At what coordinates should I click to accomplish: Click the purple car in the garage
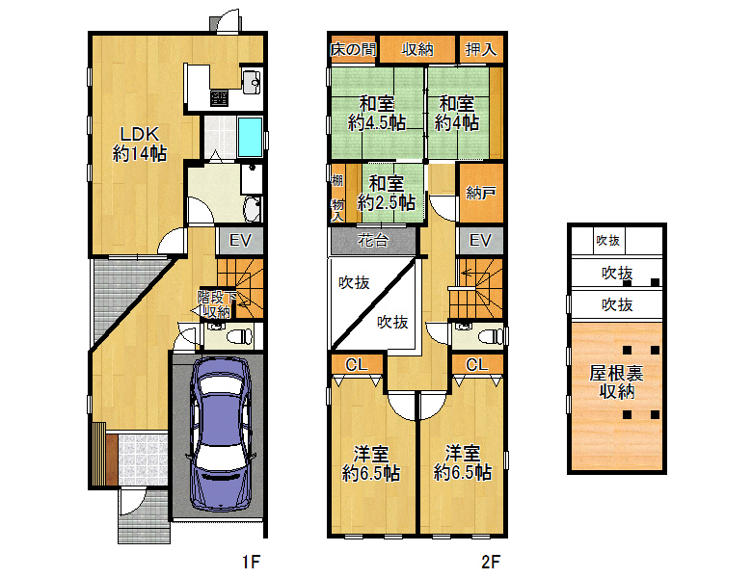coord(221,435)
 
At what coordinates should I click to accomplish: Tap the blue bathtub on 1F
coord(250,137)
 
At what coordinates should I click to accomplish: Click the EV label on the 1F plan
coord(240,240)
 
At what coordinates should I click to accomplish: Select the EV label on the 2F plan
coord(480,240)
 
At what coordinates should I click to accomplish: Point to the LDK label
coord(139,134)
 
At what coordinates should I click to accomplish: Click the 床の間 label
coord(353,49)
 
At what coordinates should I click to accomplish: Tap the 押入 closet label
coord(480,49)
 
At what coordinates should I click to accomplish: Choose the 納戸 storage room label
coord(480,193)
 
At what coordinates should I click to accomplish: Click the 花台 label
coord(373,240)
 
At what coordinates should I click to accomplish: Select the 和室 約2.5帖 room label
coord(386,193)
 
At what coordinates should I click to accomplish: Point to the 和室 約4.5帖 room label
coord(376,113)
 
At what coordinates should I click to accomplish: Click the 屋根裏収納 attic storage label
coord(617,382)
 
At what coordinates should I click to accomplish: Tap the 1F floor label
coord(251,562)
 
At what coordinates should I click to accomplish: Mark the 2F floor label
coord(491,562)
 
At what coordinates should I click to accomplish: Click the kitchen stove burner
coord(219,98)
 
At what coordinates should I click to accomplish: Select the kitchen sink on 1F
coord(252,82)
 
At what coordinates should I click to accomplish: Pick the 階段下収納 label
coord(217,304)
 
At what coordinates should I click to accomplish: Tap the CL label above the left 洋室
coord(357,365)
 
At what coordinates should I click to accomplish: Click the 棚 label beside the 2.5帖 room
coord(337,180)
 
